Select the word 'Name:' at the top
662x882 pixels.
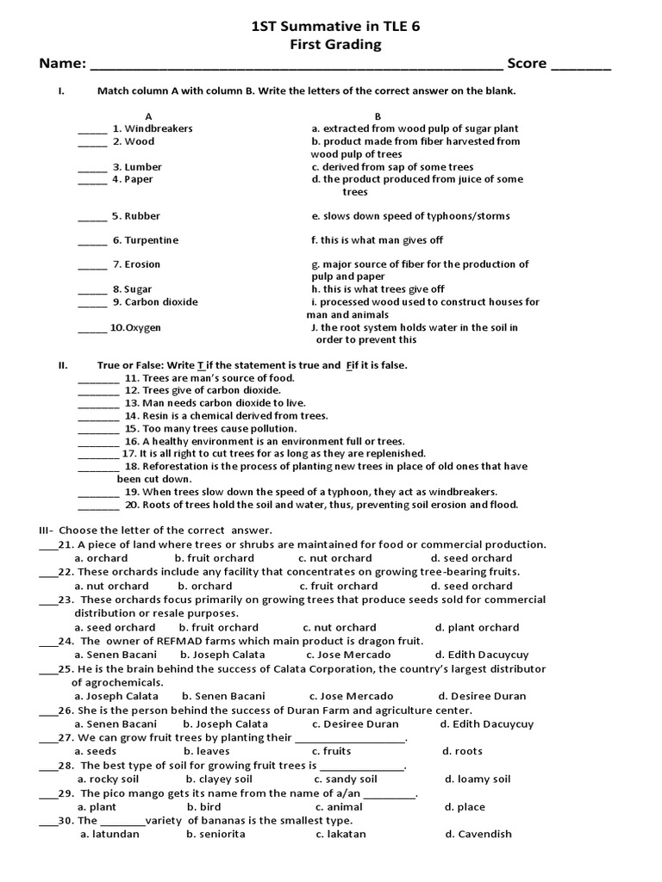pos(61,64)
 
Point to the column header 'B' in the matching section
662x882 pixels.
pos(378,115)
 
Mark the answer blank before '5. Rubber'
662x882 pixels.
pos(92,217)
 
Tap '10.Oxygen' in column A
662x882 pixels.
pos(135,328)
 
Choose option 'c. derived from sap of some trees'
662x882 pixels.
pos(392,167)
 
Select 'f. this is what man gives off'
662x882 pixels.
pos(378,240)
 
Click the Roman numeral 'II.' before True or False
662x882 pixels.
pos(63,365)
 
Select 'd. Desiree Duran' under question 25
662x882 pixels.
pos(482,696)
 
